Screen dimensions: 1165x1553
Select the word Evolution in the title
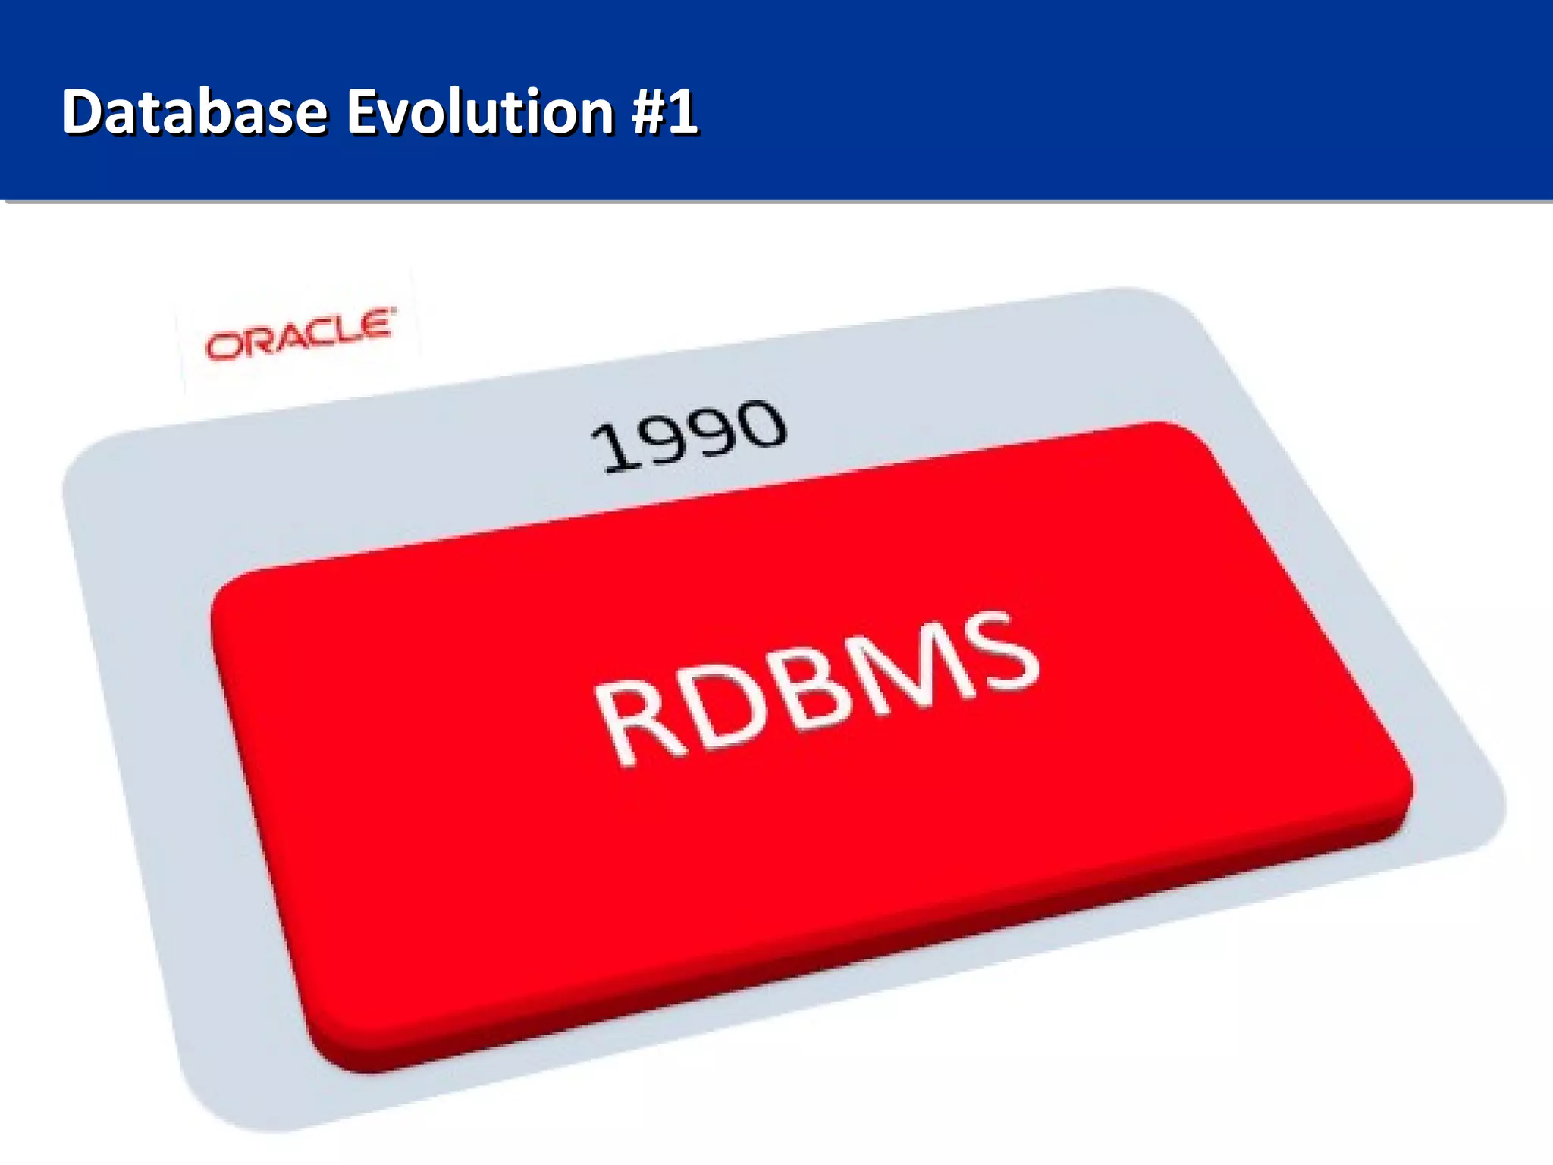point(481,112)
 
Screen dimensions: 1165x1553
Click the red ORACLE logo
point(300,334)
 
